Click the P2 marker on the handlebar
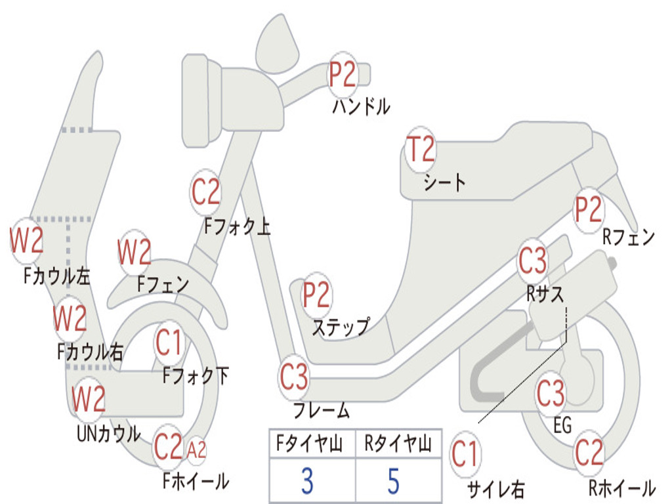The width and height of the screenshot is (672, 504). (343, 75)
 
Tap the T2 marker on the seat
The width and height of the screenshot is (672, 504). (421, 149)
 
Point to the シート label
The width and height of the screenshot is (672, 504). (444, 182)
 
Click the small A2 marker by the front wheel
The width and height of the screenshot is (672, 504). (197, 450)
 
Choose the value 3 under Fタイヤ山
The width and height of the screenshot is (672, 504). (307, 481)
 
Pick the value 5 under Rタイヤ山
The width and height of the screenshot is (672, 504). (394, 481)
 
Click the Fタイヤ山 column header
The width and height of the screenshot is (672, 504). (309, 444)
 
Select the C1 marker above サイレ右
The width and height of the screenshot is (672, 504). (465, 454)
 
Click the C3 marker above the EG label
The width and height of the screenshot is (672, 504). (551, 393)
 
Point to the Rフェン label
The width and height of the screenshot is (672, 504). (629, 237)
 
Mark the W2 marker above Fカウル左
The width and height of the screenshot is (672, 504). (26, 240)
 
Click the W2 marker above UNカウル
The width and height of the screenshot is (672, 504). (88, 398)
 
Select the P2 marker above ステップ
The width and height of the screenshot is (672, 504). (316, 295)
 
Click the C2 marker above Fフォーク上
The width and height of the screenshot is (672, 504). (205, 192)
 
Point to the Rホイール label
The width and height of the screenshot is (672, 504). (622, 488)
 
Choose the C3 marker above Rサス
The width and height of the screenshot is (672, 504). (533, 260)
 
